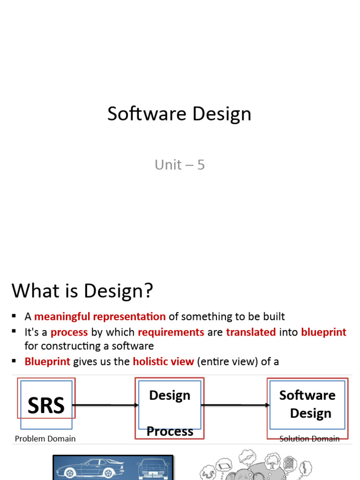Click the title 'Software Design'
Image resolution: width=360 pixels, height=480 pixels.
point(179,114)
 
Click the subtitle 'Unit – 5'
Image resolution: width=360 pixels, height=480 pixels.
point(180,165)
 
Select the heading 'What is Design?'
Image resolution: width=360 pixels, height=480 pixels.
point(82,291)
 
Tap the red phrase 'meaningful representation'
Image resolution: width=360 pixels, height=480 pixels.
point(100,316)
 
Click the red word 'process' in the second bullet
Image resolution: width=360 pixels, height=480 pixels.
point(69,332)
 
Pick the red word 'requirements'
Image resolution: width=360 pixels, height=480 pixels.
point(171,332)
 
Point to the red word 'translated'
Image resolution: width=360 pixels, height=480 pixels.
point(251,332)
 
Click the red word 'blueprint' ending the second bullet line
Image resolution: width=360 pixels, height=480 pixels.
point(323,332)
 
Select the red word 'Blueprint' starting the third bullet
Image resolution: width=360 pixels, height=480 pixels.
point(47,361)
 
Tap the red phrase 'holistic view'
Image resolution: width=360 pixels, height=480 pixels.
point(163,361)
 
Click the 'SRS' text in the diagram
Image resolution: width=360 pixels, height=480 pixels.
point(46,405)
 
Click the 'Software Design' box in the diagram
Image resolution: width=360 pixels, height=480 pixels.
point(307,404)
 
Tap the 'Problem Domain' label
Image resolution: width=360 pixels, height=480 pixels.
point(45,439)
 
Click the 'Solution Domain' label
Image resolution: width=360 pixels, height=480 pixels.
point(309,439)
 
